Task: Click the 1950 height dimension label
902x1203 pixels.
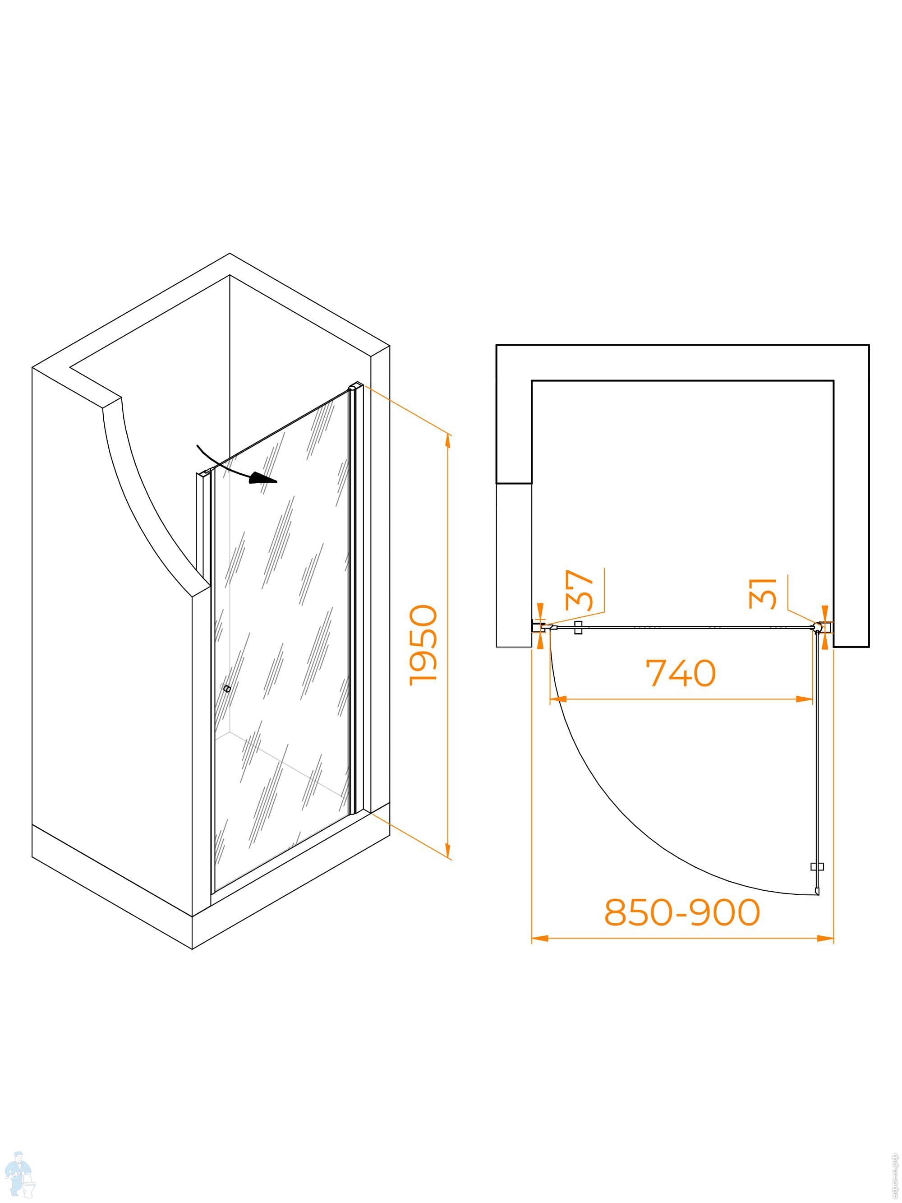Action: [423, 645]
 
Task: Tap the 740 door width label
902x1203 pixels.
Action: [680, 673]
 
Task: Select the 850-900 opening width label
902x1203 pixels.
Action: [682, 912]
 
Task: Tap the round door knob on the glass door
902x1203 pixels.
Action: [227, 689]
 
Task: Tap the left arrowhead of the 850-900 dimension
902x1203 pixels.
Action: [538, 938]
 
